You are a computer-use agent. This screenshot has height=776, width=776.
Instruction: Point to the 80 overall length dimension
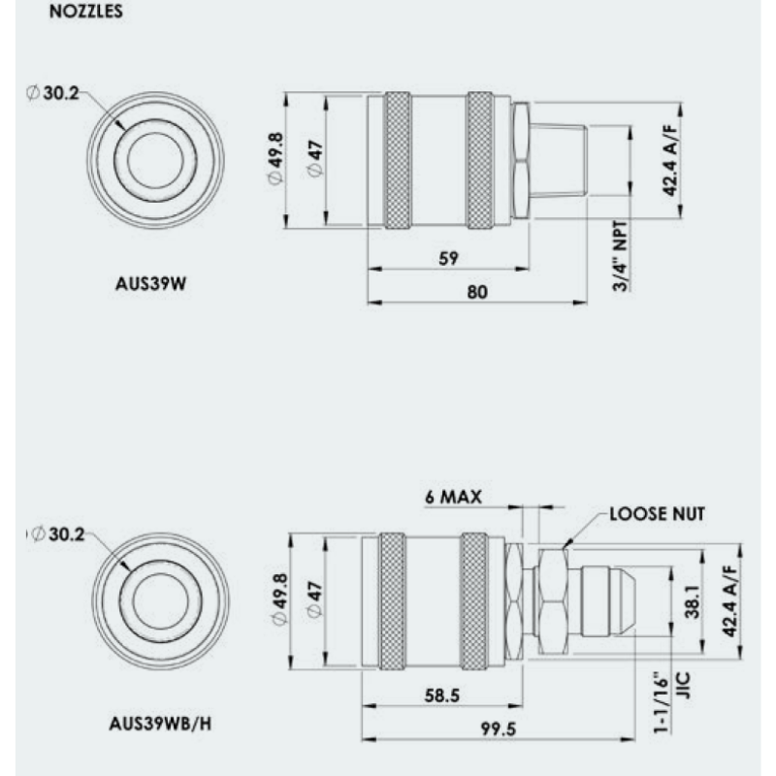pyautogui.click(x=475, y=292)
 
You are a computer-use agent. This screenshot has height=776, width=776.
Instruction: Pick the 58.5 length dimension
pyautogui.click(x=441, y=696)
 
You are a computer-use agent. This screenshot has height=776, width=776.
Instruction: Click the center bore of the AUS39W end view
pyautogui.click(x=154, y=161)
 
